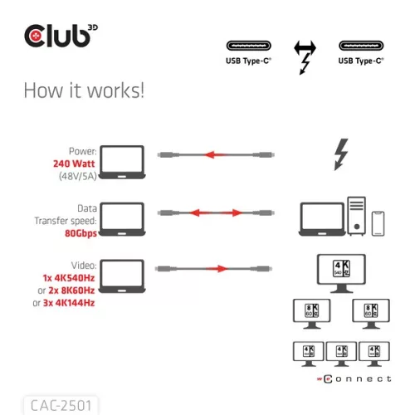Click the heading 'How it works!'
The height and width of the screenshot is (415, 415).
coord(83,90)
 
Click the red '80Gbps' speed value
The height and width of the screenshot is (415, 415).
coord(80,234)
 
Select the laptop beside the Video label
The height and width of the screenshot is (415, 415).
coord(121,276)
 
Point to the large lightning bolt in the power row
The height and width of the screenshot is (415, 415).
coord(340,154)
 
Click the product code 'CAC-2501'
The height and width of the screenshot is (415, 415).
coord(60,406)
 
